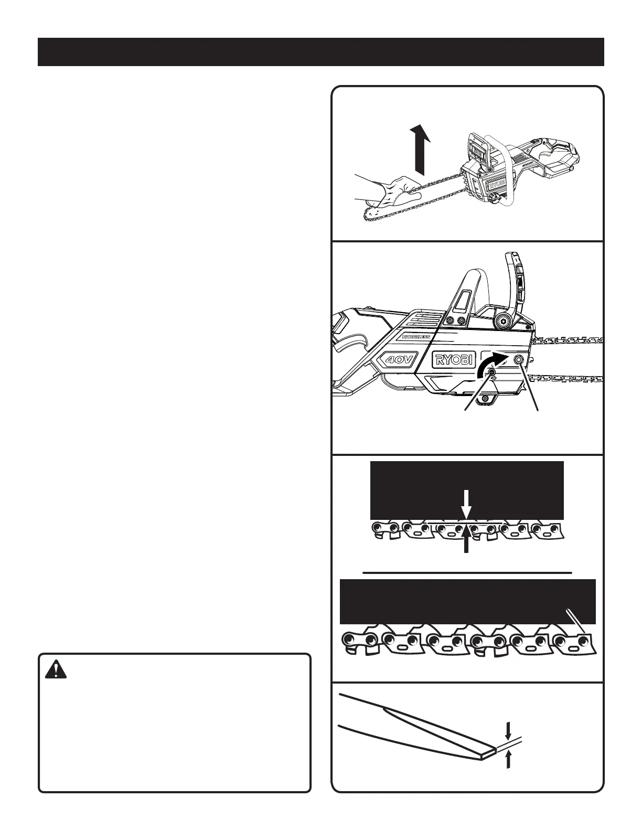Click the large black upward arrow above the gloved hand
tap(420, 149)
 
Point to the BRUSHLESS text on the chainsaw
tap(413, 337)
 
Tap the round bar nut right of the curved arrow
tap(520, 359)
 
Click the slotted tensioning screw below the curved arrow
tap(492, 372)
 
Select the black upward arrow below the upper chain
tap(466, 540)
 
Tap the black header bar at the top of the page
tap(320, 52)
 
